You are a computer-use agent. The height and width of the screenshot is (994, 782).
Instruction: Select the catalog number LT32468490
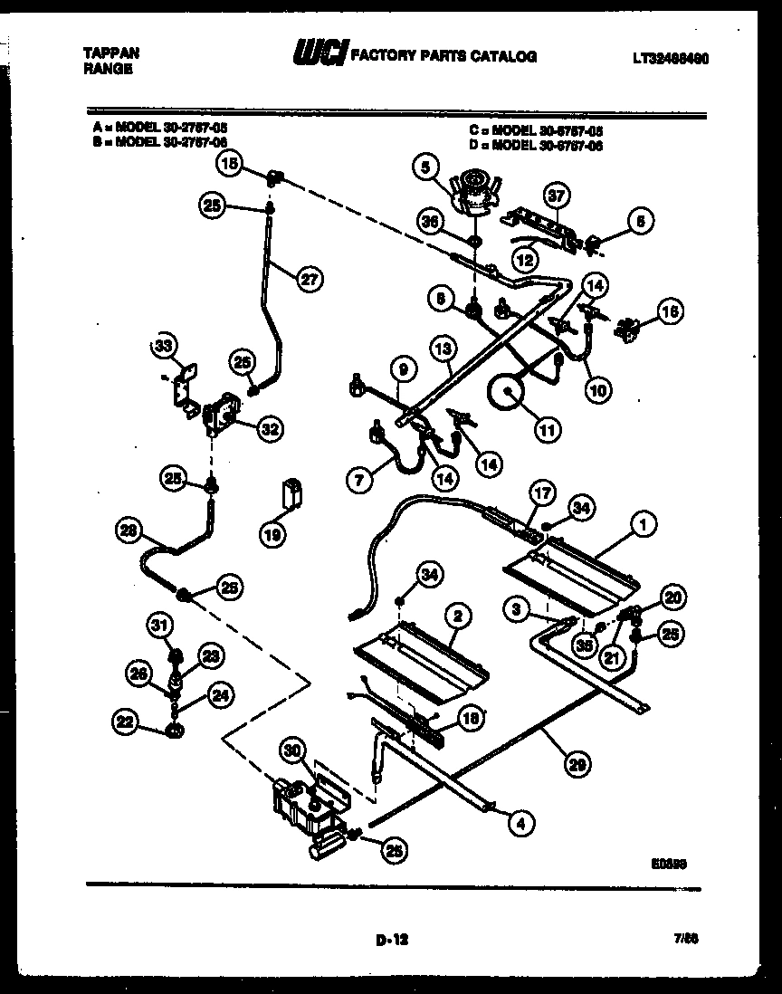point(671,58)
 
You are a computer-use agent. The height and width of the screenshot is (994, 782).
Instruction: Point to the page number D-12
point(392,941)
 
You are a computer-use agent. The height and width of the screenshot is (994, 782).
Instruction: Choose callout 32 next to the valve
point(268,430)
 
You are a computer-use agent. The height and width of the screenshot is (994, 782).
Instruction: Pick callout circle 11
point(546,432)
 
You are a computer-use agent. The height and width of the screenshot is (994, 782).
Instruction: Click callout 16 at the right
point(670,311)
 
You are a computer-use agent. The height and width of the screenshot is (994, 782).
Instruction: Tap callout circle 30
point(292,750)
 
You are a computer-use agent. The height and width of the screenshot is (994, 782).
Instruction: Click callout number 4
point(520,823)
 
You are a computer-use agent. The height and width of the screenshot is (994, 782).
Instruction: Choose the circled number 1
point(644,522)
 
